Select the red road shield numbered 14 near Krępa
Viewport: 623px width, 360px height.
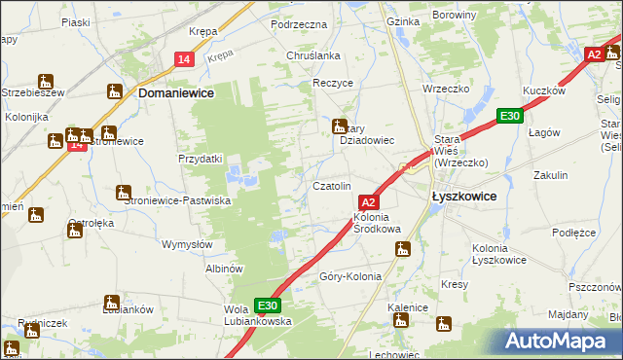point(185,60)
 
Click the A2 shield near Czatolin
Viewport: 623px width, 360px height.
point(366,199)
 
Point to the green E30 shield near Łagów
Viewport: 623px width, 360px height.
point(508,116)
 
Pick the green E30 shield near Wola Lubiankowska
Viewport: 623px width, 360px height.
point(268,304)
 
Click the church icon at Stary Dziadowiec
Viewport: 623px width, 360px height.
point(340,126)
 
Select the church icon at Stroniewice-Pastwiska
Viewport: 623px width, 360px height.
point(124,193)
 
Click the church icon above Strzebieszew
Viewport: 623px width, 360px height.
point(45,80)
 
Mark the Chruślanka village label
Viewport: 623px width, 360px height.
point(312,55)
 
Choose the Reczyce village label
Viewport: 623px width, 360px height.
point(332,84)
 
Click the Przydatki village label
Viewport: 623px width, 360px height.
point(201,159)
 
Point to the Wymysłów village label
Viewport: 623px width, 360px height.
point(187,244)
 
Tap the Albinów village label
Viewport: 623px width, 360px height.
point(224,268)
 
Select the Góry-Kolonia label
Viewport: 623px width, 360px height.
point(350,276)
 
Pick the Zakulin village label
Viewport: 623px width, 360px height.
point(550,175)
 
